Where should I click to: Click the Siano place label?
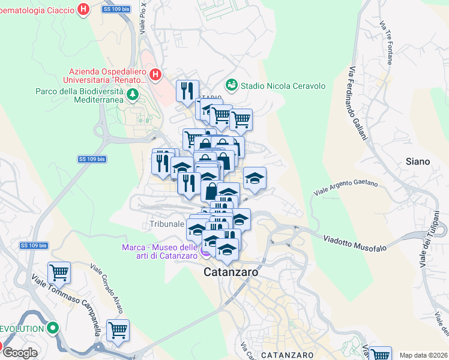418,161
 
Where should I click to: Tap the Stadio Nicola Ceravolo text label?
283,86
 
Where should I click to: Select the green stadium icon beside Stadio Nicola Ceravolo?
231,86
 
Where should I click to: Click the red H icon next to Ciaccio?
84,10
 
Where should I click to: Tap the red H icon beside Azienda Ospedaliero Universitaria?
155,74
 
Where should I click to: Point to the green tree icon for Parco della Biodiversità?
133,94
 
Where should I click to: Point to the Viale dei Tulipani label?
429,239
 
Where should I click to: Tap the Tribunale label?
167,224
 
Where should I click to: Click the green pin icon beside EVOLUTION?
53,329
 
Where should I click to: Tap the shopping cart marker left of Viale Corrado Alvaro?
59,272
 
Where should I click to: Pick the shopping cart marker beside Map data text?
381,354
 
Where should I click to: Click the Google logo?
20,353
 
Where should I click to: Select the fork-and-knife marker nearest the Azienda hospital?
187,90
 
